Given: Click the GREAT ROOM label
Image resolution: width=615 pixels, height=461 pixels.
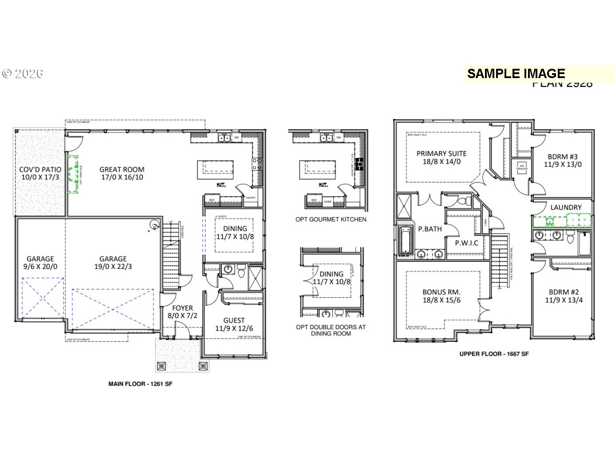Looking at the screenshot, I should point(122,169).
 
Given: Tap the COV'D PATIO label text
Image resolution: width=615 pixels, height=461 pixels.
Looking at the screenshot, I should point(40,169).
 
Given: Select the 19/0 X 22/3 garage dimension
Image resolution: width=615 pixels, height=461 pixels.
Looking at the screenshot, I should point(113,267).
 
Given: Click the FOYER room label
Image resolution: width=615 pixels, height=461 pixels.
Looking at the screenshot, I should point(182,308).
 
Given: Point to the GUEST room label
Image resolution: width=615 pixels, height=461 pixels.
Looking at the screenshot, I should point(234,320).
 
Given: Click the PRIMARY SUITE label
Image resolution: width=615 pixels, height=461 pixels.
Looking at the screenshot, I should point(442,154).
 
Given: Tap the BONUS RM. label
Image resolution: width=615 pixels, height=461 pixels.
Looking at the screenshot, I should point(442,292).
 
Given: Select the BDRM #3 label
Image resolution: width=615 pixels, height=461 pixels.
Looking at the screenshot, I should point(563,157).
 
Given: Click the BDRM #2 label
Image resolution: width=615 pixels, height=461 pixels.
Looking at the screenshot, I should point(564,292).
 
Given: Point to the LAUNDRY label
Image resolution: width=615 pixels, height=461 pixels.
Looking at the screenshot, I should point(566,207).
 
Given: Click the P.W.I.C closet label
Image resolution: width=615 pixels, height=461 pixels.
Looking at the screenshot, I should point(467,243).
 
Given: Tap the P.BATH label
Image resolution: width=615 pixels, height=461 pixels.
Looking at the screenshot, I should point(430,229).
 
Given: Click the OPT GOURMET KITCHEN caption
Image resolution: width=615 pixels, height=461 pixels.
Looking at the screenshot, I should point(331,219).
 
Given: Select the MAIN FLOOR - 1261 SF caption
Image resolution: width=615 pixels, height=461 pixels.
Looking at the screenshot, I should point(140,384).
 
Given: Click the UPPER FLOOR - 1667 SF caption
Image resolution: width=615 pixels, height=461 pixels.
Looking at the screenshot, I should point(494,354).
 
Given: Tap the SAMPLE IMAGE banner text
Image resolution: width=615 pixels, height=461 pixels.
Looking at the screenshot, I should point(516,74).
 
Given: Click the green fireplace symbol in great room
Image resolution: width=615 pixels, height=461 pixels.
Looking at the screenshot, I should point(73,174).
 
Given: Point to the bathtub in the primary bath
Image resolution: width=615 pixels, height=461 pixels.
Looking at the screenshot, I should point(405,241).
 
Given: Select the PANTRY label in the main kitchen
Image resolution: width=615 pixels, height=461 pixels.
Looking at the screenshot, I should point(251,198).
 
